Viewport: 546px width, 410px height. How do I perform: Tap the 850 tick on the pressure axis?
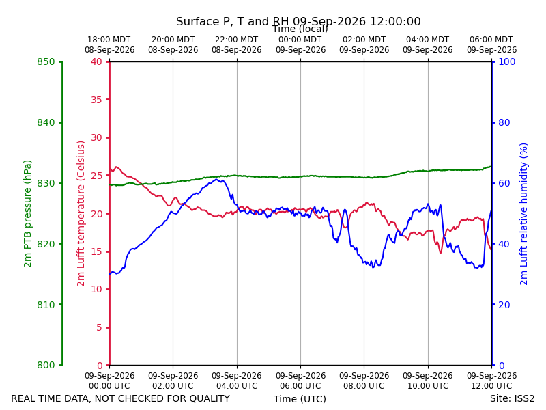coord(46,61)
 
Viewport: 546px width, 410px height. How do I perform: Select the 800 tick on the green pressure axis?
coord(46,365)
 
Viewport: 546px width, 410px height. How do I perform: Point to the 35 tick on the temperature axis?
coord(96,100)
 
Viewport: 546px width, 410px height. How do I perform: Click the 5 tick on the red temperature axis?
coord(99,327)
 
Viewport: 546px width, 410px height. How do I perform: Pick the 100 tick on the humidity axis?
coord(507,61)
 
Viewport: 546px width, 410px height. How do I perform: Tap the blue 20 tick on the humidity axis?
coord(504,305)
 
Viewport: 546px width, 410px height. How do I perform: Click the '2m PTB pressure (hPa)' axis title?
coord(27,214)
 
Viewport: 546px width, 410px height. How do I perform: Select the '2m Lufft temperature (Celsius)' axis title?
coord(81,214)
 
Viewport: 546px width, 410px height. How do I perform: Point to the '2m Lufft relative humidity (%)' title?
coord(523,214)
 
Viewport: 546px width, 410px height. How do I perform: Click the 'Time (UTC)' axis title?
coord(300,399)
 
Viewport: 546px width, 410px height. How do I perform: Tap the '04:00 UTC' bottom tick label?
coord(237,386)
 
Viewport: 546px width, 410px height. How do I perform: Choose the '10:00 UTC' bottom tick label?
coord(428,386)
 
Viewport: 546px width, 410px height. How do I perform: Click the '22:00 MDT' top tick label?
coord(236,40)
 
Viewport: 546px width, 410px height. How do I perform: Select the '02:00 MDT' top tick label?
coord(364,40)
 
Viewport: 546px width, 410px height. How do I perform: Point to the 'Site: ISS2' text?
coord(513,398)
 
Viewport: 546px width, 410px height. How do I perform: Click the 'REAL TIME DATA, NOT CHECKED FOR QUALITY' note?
coord(121,398)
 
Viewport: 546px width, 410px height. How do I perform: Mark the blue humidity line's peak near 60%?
coord(216,180)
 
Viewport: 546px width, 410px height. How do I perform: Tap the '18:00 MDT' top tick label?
coord(109,40)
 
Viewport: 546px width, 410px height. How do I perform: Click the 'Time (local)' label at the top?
coord(300,29)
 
